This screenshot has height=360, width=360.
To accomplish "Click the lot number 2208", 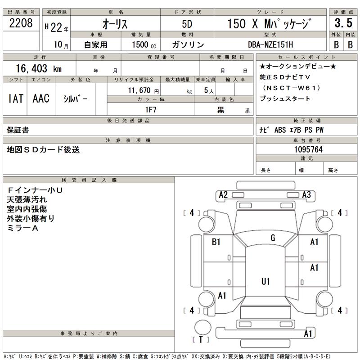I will click(x=21, y=24).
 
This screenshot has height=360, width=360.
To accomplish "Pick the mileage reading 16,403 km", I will click(x=39, y=68).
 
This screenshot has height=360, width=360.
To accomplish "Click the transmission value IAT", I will click(x=16, y=99).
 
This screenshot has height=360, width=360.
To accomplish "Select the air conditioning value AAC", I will click(x=41, y=99).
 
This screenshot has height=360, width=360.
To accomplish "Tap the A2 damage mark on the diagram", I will click(x=223, y=195).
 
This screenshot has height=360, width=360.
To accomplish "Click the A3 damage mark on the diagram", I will click(x=307, y=195).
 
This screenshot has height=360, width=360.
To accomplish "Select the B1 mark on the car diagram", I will click(x=216, y=242).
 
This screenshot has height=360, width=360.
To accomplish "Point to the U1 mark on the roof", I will click(x=265, y=282).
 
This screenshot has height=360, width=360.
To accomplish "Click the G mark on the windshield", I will click(x=273, y=238).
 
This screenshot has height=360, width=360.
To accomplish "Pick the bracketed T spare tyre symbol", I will click(x=201, y=339).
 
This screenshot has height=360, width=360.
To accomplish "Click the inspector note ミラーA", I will click(x=22, y=228).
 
